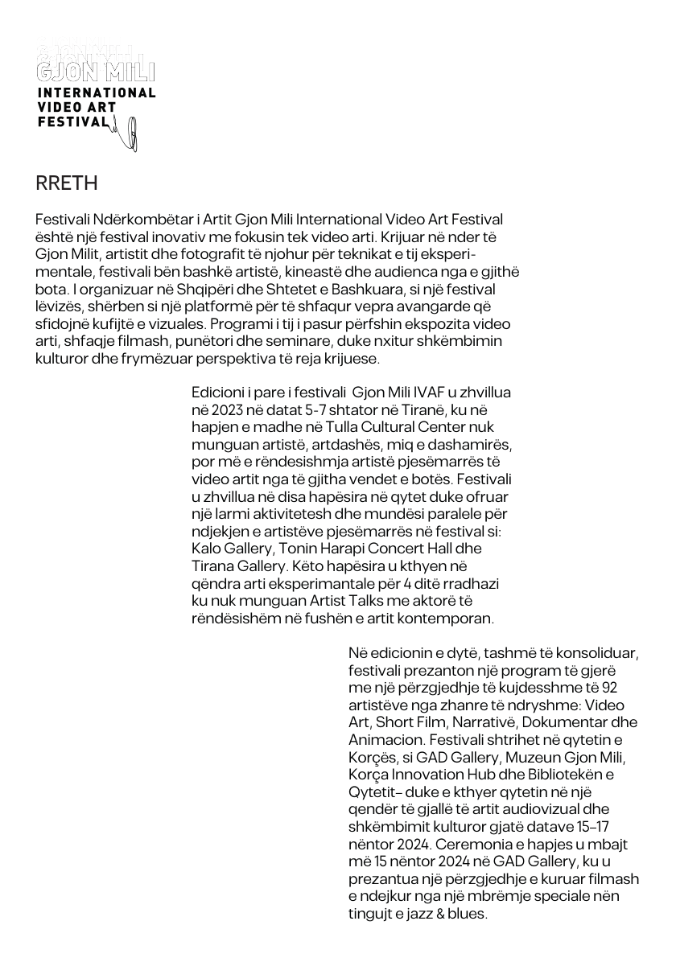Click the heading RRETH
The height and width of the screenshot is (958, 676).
[x=67, y=183]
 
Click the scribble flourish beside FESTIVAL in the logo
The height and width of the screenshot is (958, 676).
[x=126, y=134]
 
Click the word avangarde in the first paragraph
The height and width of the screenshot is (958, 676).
[x=440, y=306]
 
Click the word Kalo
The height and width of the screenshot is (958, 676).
[x=208, y=549]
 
